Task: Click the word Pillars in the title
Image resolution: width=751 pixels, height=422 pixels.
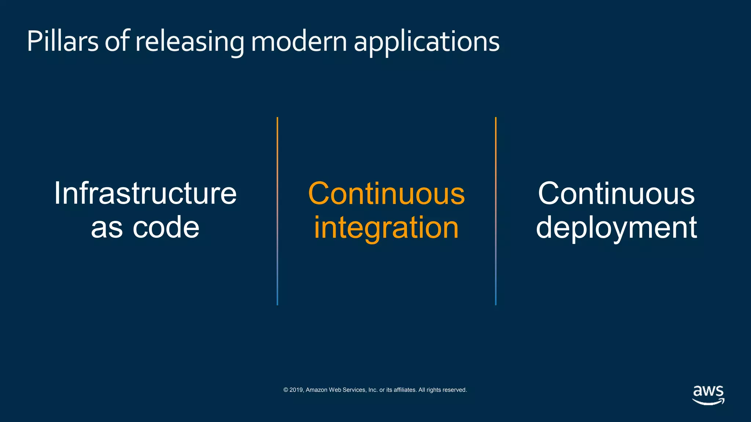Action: tap(62, 41)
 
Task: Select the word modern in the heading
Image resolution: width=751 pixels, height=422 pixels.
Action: tap(299, 41)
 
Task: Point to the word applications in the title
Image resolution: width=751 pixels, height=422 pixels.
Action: tap(426, 41)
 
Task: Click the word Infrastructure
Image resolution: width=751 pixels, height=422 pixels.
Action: tap(145, 193)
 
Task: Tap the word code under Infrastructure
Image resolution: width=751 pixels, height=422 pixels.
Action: tap(166, 227)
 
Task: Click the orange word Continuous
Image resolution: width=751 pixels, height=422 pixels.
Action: tap(386, 193)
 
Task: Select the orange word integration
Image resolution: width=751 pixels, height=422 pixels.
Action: tap(386, 227)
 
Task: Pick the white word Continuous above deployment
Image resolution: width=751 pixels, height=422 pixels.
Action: tap(616, 193)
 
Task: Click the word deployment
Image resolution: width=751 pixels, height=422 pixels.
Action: tap(616, 227)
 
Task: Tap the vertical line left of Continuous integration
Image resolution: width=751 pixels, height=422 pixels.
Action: tap(277, 211)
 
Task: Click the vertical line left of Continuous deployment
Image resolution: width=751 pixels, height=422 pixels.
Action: tap(496, 211)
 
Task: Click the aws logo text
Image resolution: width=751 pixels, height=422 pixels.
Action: tap(708, 391)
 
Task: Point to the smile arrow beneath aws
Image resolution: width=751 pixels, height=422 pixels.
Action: tap(708, 402)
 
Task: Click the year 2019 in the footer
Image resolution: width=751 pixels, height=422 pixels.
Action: tap(296, 390)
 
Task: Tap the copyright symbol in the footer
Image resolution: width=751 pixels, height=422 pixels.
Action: tap(286, 390)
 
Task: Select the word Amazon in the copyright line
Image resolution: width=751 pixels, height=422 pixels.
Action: tap(316, 390)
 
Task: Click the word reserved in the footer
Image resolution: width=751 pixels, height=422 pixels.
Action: tap(455, 390)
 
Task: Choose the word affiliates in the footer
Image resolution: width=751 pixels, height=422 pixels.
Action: tap(405, 390)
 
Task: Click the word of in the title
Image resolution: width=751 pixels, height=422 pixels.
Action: tap(117, 41)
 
